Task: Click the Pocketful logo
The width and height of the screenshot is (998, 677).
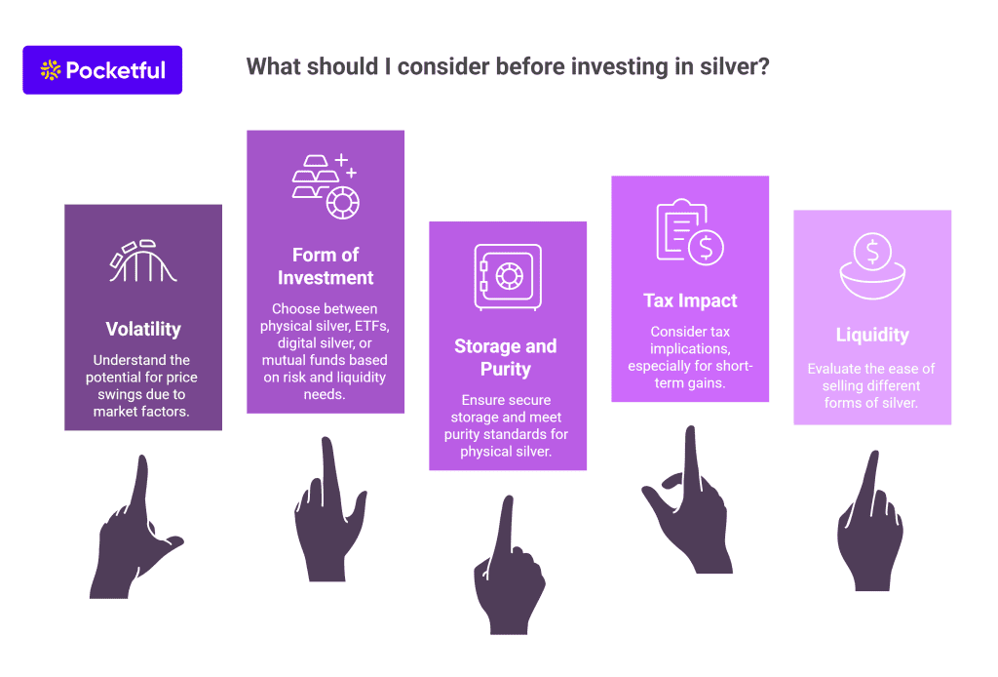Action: tap(102, 70)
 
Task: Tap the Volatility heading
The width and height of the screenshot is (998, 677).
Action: tap(143, 330)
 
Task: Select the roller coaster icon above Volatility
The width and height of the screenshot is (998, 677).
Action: tap(142, 261)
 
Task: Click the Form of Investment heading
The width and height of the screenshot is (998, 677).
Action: tap(326, 266)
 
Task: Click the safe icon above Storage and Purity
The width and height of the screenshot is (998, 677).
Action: tap(507, 278)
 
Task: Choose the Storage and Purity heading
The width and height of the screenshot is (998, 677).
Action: tap(506, 357)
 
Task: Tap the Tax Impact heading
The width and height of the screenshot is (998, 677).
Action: tap(690, 300)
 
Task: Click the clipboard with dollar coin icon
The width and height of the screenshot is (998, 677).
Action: tap(690, 232)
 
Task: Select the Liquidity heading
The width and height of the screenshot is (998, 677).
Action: tap(872, 335)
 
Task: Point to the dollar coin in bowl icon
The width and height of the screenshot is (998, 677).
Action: tap(872, 265)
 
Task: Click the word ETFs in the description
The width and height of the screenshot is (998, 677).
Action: tap(371, 326)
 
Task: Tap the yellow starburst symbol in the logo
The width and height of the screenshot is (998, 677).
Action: tap(51, 70)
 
